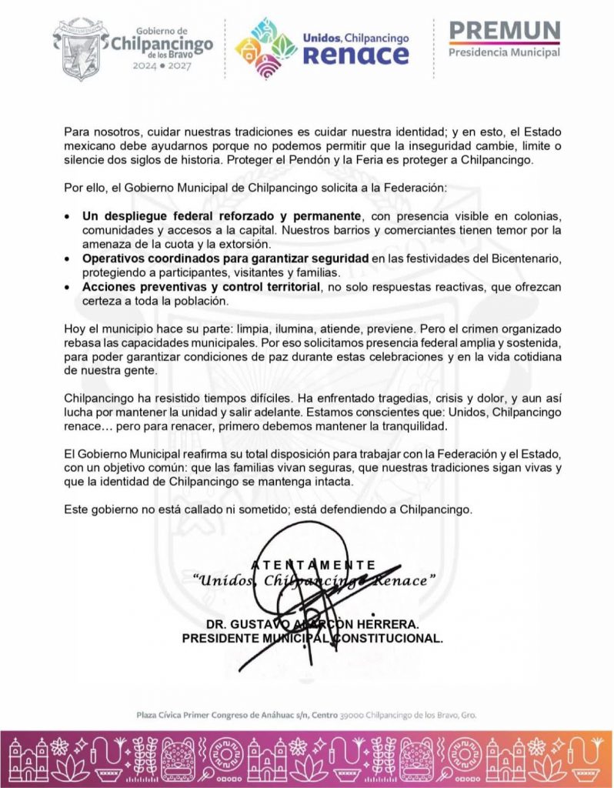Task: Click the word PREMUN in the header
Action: (x=504, y=30)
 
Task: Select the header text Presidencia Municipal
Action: (x=504, y=52)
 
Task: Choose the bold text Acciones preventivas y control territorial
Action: (x=202, y=286)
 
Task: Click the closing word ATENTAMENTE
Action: (x=313, y=565)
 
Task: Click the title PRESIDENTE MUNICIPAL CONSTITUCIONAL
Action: (x=312, y=638)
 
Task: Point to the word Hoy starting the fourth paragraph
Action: (x=75, y=329)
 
